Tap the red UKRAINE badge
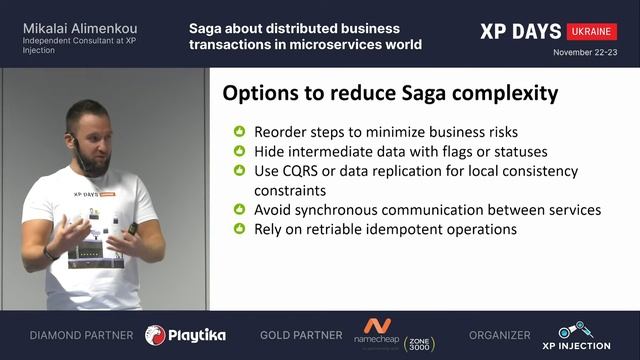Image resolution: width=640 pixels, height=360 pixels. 592,31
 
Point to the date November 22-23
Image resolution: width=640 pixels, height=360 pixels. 585,51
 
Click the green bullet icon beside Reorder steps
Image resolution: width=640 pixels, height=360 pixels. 239,131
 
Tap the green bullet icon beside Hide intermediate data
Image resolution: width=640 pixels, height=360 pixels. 239,151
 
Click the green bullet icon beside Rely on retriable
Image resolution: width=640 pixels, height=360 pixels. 239,229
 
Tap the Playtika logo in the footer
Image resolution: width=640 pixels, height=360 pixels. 185,335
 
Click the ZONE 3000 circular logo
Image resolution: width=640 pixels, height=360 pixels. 419,341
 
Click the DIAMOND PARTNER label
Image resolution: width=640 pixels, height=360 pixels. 81,335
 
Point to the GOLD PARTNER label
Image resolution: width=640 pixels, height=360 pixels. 299,335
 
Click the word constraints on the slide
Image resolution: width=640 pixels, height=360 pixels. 290,190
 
